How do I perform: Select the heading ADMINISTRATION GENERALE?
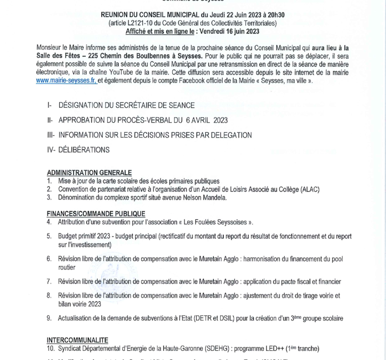pos(89,173)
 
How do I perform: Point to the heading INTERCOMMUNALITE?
pos(77,340)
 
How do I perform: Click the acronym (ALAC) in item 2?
pos(315,189)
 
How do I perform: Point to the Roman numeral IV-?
pos(52,150)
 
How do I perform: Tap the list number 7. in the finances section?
pos(49,281)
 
